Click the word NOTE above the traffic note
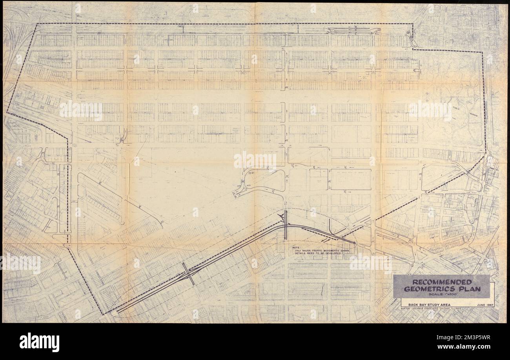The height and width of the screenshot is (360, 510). point(295,247)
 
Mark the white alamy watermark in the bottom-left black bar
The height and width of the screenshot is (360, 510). point(39,341)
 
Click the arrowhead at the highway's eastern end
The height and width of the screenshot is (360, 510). point(354,243)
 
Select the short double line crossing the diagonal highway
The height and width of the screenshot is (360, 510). point(188,273)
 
